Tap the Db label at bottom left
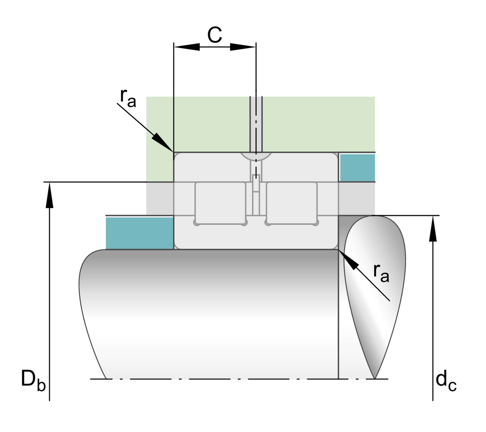(33, 381)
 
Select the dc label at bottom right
(446, 382)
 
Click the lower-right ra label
(381, 273)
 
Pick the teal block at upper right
(357, 167)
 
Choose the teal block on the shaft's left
(140, 233)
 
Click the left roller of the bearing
(220, 202)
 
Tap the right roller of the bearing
(291, 202)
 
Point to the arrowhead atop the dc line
(433, 229)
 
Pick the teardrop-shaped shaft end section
(375, 284)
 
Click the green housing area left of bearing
(160, 138)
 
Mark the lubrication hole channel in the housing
(256, 122)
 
